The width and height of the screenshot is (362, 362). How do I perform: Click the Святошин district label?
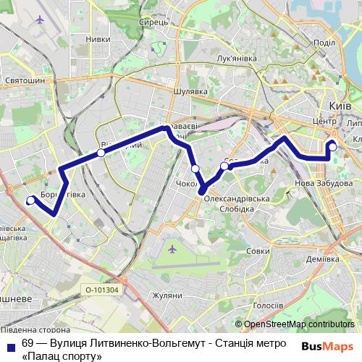click(25, 80)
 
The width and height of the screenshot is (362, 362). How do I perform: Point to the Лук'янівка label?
click(235, 58)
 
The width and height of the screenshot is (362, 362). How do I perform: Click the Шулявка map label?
click(190, 92)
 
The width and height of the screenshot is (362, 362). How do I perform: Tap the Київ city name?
click(340, 106)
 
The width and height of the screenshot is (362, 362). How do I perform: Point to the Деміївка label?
click(322, 258)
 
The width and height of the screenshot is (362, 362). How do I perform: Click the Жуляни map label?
click(167, 295)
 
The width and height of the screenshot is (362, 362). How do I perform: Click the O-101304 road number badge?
click(101, 290)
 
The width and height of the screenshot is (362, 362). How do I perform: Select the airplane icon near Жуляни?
click(172, 251)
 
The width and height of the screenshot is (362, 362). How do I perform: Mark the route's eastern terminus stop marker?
click(333, 148)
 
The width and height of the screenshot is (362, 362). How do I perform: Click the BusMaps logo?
click(327, 345)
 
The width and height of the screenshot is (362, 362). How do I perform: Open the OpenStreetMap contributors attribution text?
click(299, 325)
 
